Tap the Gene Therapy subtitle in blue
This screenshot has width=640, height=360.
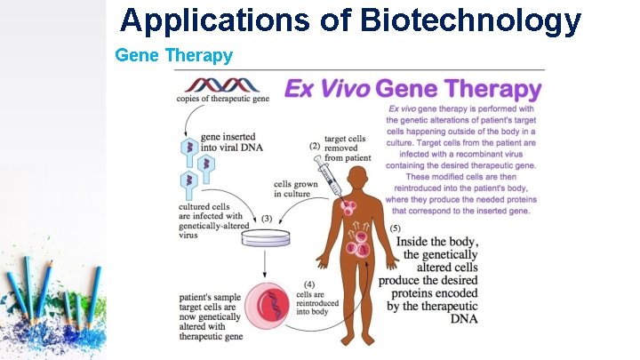pos(174,55)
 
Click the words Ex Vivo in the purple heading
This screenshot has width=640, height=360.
pos(326,89)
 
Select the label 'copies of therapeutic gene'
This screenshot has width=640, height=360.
pos(222,99)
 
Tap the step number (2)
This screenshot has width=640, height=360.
pos(314,146)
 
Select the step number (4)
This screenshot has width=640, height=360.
pos(304,284)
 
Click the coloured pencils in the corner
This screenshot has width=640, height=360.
pos(53,293)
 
